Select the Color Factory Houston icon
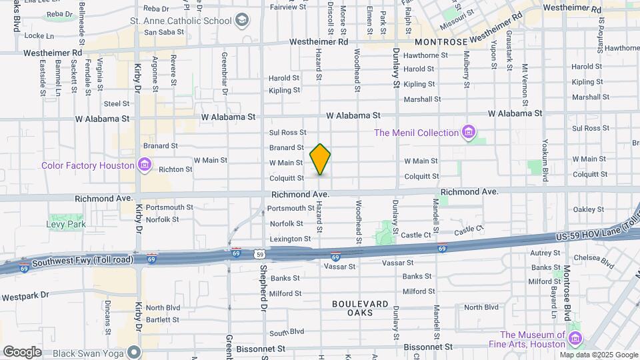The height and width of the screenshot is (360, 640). point(144,165)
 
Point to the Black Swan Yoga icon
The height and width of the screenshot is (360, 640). point(135,351)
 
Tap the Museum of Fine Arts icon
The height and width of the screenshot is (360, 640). point(575,339)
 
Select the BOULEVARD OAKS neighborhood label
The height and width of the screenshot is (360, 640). point(360,308)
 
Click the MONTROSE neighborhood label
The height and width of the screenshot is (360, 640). point(446,42)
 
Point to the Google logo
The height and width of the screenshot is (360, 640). point(22,351)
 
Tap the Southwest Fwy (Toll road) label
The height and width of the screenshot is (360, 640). point(67,259)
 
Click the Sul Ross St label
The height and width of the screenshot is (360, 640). point(287,133)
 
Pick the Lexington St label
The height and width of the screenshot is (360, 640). point(290,239)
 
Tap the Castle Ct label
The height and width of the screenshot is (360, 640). point(416,235)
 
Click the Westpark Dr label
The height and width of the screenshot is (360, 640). point(26,295)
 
